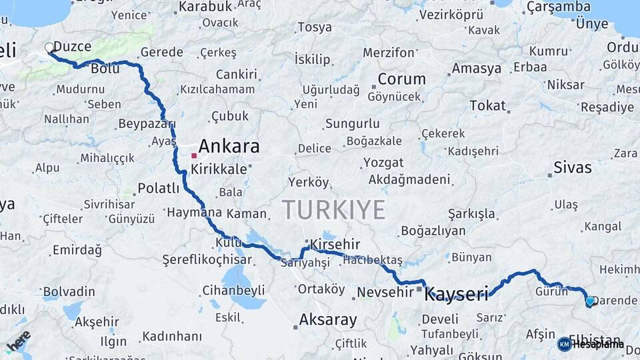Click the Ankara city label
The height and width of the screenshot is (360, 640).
229,147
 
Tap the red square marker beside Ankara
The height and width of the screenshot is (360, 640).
194,155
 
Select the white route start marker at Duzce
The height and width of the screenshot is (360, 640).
49,48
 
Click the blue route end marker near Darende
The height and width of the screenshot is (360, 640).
589,301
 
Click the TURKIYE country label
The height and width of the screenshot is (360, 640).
333,210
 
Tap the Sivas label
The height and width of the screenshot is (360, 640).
573,167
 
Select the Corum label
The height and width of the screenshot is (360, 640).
401,79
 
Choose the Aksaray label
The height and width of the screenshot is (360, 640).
327,320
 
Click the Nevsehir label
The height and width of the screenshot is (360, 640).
386,292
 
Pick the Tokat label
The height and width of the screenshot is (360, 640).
487,105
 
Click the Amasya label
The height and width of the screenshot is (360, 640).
476,69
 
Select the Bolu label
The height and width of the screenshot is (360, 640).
105,69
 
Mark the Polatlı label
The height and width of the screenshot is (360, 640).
158,189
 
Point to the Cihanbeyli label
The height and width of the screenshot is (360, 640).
233,290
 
